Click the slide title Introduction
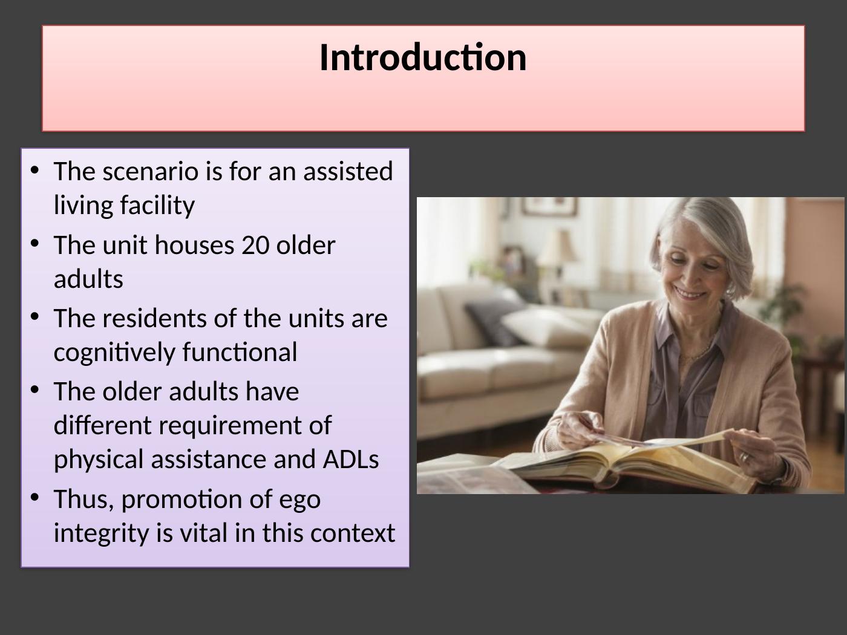423,58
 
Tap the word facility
157,206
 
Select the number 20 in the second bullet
255,245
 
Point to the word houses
194,245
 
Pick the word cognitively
114,353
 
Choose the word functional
240,352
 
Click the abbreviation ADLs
351,459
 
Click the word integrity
101,534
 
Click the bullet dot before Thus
34,497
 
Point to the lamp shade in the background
557,247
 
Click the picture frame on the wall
549,207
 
